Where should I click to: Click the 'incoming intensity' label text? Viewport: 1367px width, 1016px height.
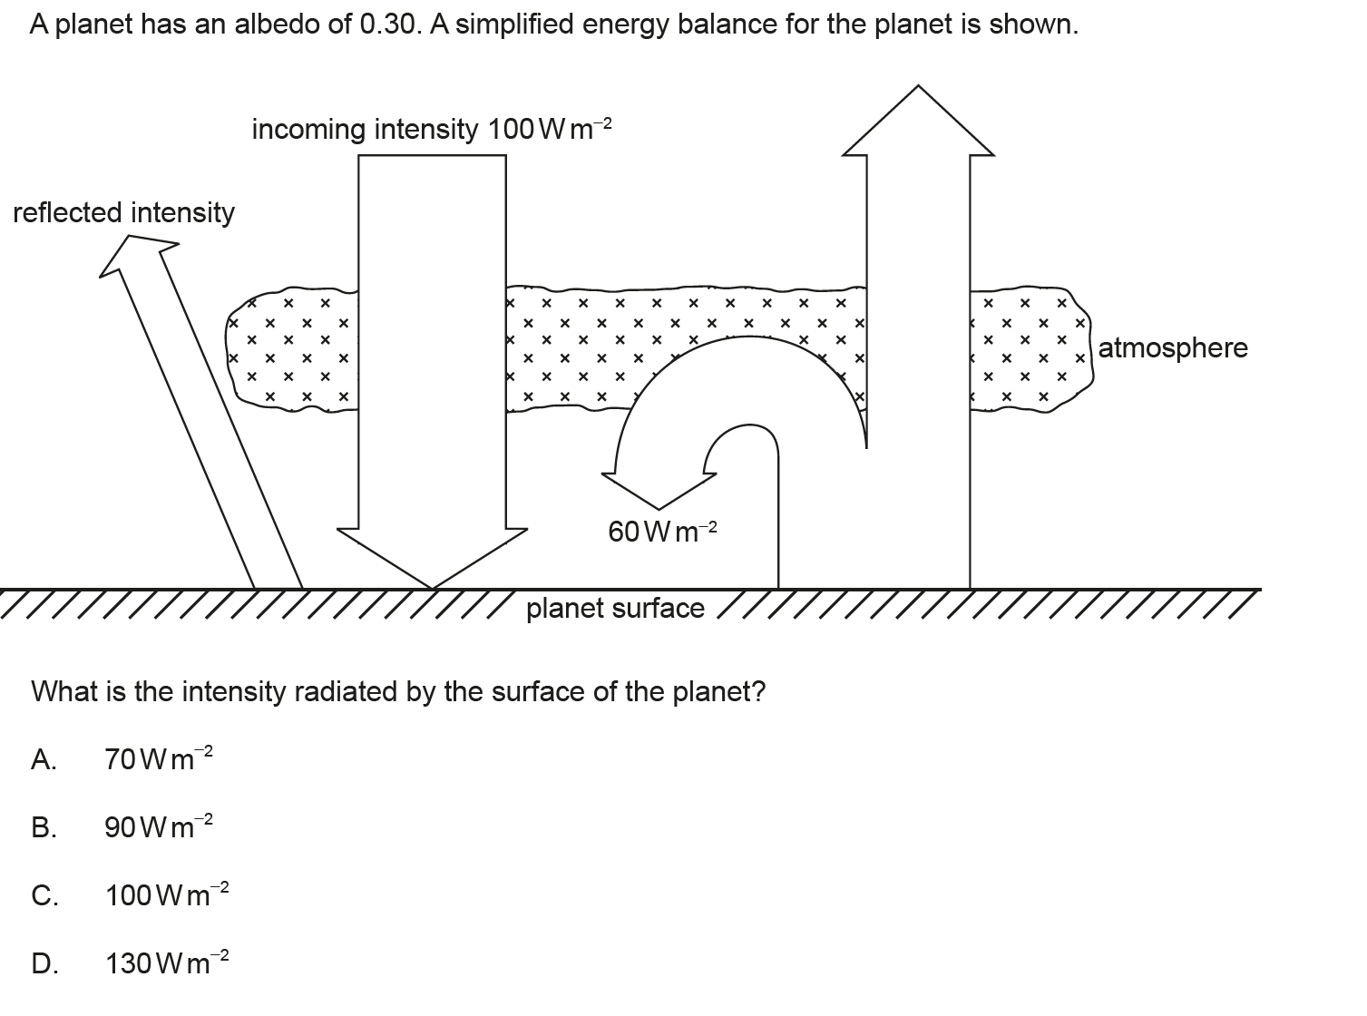coord(366,130)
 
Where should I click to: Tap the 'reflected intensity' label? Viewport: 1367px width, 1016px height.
coord(123,213)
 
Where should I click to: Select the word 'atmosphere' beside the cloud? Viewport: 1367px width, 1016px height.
coord(1173,348)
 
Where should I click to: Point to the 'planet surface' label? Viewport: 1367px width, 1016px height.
coord(615,609)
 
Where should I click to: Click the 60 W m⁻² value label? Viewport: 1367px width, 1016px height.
coord(662,532)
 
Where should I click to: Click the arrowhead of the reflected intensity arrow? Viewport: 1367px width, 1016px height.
coord(136,250)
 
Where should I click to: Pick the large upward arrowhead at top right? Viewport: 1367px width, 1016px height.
coord(918,122)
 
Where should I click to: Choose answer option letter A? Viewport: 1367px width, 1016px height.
coord(44,759)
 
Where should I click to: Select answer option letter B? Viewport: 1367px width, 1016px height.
coord(43,827)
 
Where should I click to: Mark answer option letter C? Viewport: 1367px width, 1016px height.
coord(44,896)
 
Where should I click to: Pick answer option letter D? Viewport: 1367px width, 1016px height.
coord(44,963)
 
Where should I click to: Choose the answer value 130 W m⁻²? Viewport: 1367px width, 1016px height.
coord(168,962)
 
